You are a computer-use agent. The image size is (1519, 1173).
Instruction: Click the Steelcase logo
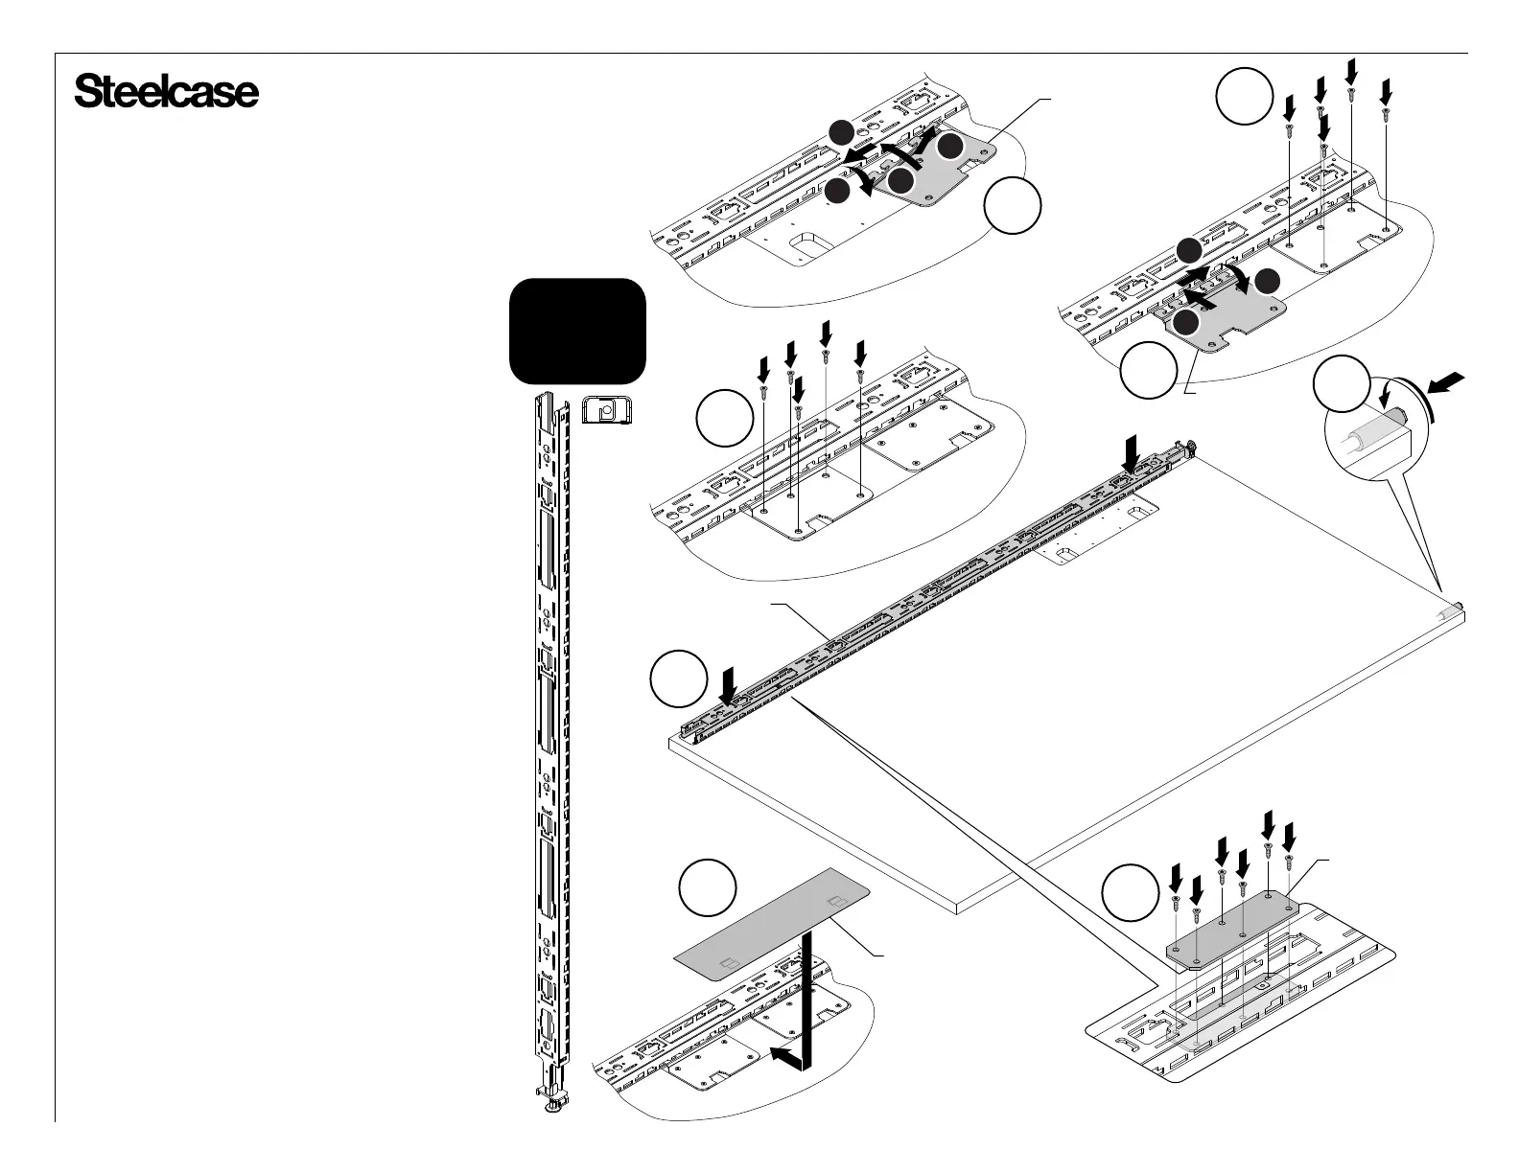point(166,93)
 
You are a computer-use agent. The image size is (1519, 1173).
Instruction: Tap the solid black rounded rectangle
point(576,331)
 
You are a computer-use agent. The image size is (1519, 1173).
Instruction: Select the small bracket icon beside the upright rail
point(605,412)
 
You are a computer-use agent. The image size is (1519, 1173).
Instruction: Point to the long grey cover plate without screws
point(772,925)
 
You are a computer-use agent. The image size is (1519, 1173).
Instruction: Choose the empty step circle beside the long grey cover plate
point(708,888)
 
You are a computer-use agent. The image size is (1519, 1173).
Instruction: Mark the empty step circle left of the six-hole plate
point(1129,891)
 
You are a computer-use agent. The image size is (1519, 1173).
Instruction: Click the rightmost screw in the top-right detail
point(1385,113)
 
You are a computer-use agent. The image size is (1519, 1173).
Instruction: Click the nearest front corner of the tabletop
point(960,906)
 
